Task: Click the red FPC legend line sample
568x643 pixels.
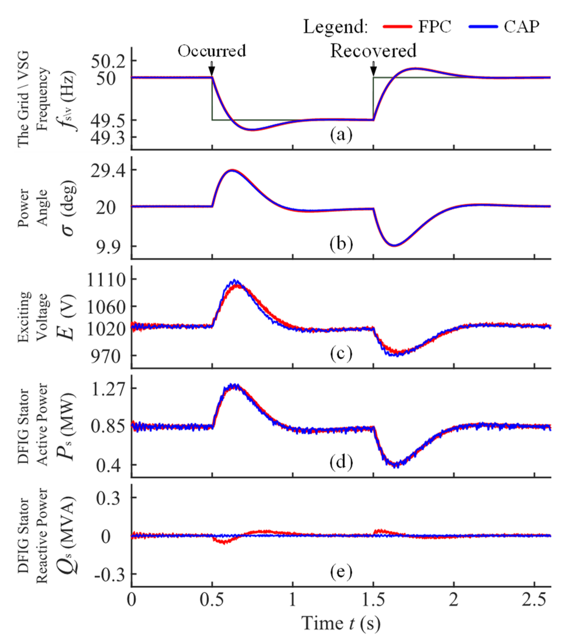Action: coord(397,27)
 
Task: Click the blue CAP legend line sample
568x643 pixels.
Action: coord(483,27)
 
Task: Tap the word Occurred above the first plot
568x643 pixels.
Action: coord(212,51)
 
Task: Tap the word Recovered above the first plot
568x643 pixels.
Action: coord(373,51)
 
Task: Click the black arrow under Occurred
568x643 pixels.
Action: coord(212,68)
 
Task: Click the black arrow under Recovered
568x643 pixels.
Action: coord(373,69)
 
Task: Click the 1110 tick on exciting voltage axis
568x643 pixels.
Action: coord(106,280)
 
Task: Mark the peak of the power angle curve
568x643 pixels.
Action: coord(232,170)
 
